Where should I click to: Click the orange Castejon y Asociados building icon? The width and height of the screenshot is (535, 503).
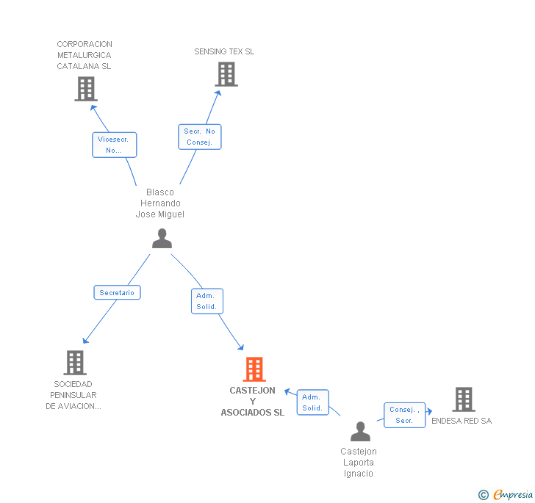point(254,369)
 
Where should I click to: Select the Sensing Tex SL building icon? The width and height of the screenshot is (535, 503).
point(226,74)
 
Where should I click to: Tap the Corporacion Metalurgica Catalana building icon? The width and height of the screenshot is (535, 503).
point(86,89)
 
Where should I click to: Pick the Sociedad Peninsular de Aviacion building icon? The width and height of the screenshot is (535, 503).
point(75,363)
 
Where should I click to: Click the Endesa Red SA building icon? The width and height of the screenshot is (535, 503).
point(464,399)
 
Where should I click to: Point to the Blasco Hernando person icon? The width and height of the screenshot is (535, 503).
point(162,239)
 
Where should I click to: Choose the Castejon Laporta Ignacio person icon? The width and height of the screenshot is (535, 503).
point(360,431)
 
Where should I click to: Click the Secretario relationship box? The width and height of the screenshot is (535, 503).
point(117,292)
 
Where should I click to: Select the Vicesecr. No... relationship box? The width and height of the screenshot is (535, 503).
point(115,145)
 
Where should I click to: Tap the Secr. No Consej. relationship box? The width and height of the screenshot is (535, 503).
point(200,137)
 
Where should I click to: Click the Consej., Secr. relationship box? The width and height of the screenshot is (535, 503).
point(404,415)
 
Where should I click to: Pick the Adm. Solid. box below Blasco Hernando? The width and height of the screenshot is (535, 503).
point(207,301)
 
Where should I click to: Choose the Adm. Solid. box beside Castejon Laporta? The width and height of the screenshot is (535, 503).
point(312,402)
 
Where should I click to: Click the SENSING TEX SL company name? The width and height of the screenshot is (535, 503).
point(224,51)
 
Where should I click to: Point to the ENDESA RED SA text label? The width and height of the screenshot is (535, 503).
point(462,421)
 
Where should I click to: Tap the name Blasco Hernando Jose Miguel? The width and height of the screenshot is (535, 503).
point(160,203)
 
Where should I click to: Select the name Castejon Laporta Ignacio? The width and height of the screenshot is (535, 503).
point(359,463)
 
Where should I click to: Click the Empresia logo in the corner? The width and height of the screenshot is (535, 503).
point(506,494)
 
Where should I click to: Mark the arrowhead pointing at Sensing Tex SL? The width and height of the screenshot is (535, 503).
point(218,93)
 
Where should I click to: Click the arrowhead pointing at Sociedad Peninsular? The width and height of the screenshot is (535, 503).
point(85,341)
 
